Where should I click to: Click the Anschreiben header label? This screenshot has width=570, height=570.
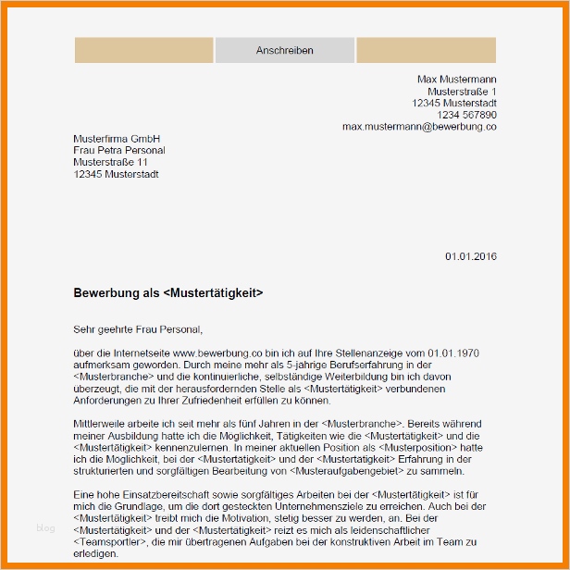(x=284, y=51)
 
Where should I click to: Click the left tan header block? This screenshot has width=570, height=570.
(x=143, y=51)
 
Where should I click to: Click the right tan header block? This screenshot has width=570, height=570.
(x=426, y=51)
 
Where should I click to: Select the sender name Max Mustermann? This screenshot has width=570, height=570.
(x=456, y=80)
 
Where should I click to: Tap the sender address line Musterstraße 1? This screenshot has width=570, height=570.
(x=461, y=92)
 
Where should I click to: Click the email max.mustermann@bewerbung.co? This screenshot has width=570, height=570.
(x=418, y=126)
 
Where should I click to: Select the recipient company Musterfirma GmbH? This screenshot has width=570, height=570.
(x=110, y=139)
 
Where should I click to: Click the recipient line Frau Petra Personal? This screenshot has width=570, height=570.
(x=118, y=150)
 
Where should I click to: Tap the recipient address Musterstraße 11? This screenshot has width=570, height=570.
(x=110, y=162)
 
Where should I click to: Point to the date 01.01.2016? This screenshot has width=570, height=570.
(x=470, y=256)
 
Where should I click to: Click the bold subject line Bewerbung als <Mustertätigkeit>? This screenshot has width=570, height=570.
(x=167, y=292)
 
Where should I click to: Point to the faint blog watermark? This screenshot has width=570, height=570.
(x=46, y=528)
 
